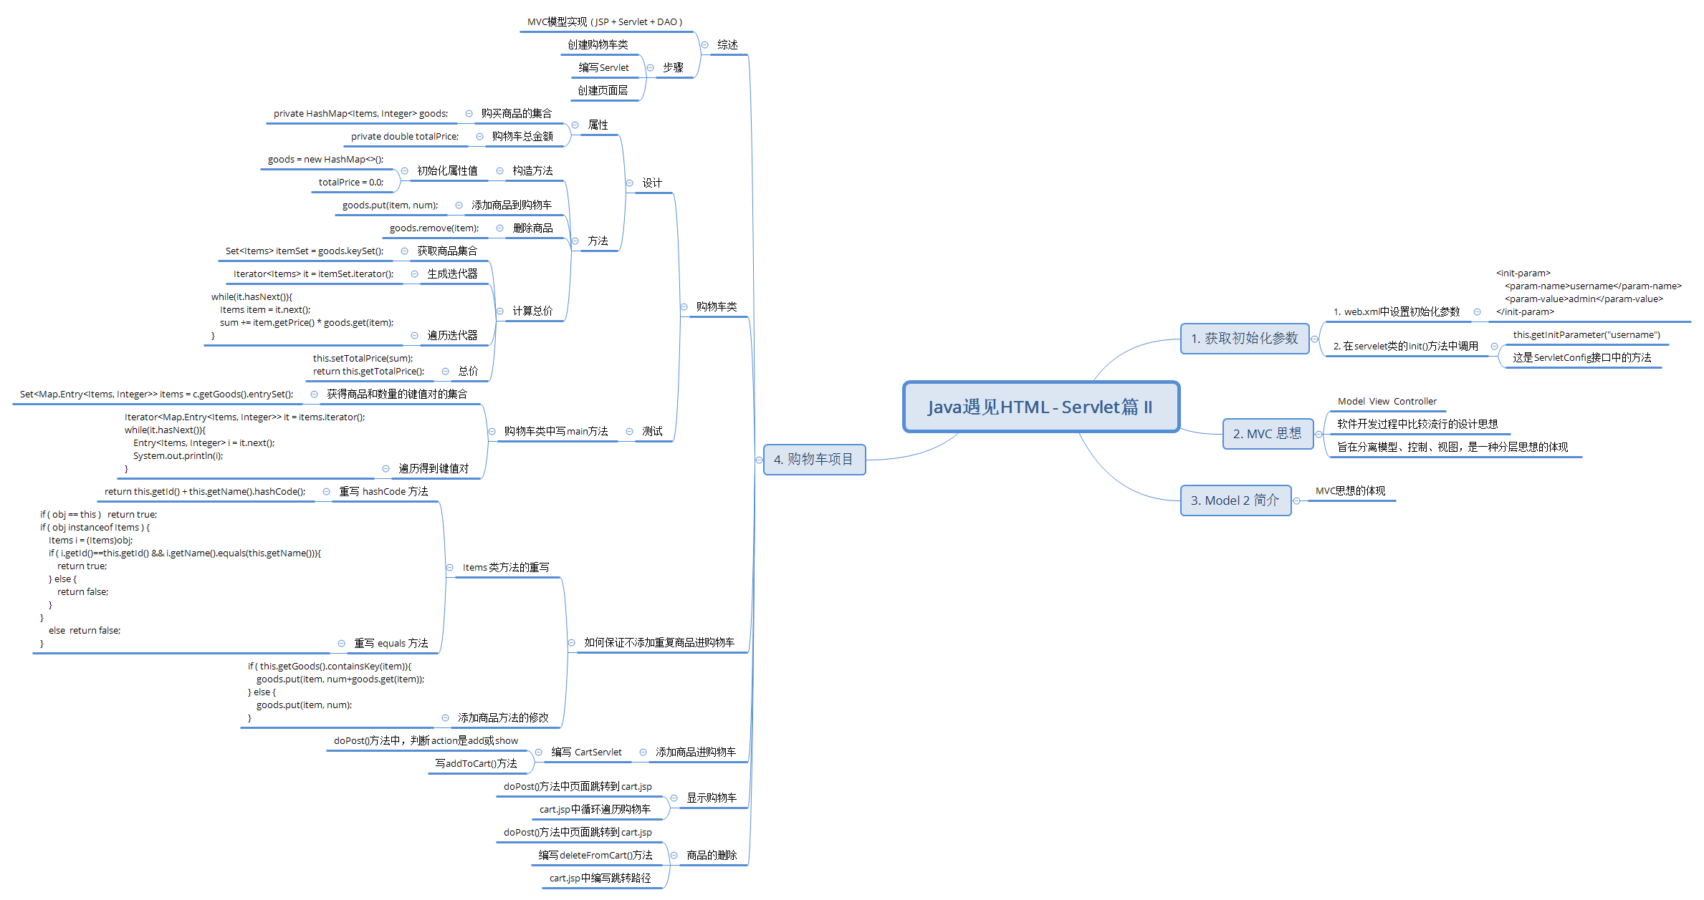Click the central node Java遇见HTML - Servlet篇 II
(x=1040, y=407)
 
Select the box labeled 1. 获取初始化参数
(x=1244, y=338)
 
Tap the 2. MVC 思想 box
(x=1267, y=434)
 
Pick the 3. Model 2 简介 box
(x=1235, y=500)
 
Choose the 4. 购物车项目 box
(x=813, y=459)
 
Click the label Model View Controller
(x=1387, y=402)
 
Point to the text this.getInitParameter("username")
(x=1586, y=334)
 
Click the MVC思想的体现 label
(x=1350, y=490)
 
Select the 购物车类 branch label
(x=716, y=306)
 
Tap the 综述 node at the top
(x=727, y=44)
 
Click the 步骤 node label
(x=673, y=67)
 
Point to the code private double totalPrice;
(x=405, y=136)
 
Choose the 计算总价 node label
(x=532, y=311)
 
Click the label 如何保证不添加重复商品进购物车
(x=659, y=642)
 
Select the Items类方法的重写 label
(x=506, y=567)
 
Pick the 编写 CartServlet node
(x=586, y=752)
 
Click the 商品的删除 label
(x=712, y=855)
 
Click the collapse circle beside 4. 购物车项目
(x=759, y=460)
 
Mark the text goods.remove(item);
(x=434, y=228)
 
